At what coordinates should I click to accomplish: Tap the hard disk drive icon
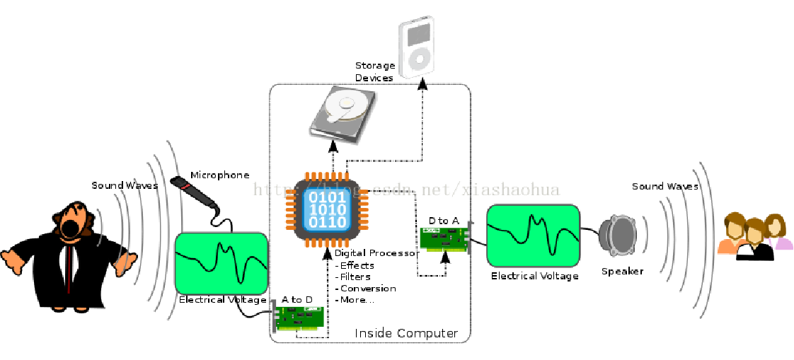343,113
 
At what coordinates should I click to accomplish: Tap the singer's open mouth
70,228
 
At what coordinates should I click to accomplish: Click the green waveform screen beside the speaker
533,236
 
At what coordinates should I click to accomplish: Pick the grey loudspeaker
618,235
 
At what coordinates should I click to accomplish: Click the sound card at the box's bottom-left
298,318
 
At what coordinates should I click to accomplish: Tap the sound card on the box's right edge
444,239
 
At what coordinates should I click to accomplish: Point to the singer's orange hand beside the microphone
125,263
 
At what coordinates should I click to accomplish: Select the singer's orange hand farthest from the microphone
13,260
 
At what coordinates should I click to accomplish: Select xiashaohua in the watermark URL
510,189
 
